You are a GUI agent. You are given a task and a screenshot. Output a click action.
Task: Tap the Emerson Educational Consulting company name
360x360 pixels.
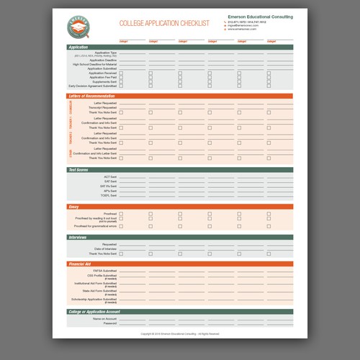tap(261, 16)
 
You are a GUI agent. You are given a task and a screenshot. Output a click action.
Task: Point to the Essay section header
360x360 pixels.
tap(73, 207)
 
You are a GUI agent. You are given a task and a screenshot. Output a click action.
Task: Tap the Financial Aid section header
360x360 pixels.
tap(79, 264)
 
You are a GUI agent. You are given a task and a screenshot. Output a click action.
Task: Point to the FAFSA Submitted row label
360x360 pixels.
tap(104, 270)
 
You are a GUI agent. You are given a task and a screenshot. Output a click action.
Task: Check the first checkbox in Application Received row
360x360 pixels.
tap(120, 72)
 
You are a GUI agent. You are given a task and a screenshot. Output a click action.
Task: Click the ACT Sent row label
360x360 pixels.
tap(109, 176)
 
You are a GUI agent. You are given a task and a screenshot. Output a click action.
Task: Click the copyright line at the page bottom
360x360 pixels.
tap(180, 335)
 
